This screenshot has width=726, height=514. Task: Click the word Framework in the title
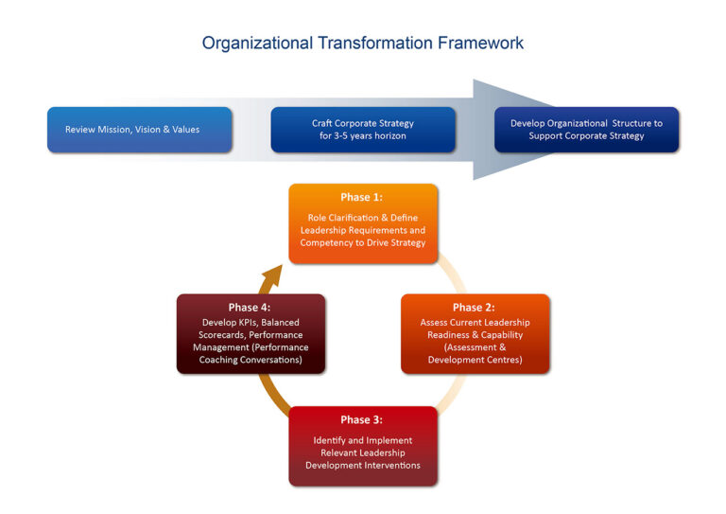tap(480, 43)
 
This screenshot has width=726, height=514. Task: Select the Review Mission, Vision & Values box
tap(139, 130)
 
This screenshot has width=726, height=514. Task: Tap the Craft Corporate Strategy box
tap(363, 130)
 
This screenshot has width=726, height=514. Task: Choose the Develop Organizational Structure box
tap(586, 130)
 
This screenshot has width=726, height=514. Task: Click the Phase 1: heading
tap(363, 197)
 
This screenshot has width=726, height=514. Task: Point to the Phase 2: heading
tap(475, 308)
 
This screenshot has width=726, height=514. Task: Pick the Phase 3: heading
tap(363, 419)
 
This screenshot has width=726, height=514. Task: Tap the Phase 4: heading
tap(251, 308)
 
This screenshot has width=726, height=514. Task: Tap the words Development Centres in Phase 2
tap(475, 360)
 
